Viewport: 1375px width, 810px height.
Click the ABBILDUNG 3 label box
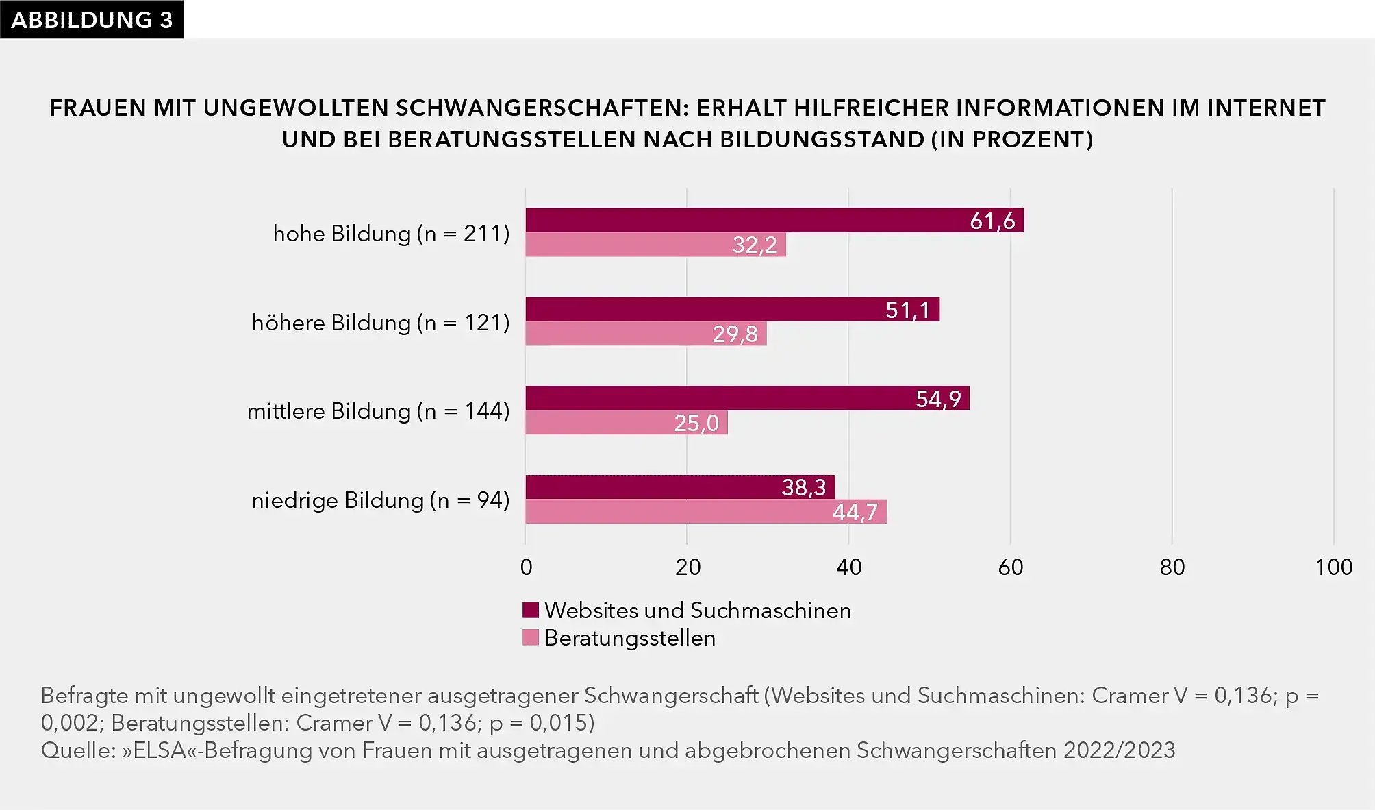tap(92, 19)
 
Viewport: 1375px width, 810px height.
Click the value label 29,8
tap(735, 334)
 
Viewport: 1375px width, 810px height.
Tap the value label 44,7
tap(855, 512)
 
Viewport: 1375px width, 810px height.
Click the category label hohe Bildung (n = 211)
tap(391, 234)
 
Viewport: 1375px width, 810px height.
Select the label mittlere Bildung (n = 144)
tap(378, 411)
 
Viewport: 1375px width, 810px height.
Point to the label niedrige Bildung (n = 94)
tap(381, 500)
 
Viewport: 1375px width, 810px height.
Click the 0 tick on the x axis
tap(526, 567)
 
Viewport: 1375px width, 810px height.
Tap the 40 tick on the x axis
tap(848, 567)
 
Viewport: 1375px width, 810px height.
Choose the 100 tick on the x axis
tap(1333, 567)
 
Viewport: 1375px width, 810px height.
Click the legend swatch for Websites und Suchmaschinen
tap(531, 610)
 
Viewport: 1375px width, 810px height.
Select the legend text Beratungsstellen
tap(630, 638)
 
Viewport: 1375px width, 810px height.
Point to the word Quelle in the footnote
tap(78, 750)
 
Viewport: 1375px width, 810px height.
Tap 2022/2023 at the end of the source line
tap(1119, 750)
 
